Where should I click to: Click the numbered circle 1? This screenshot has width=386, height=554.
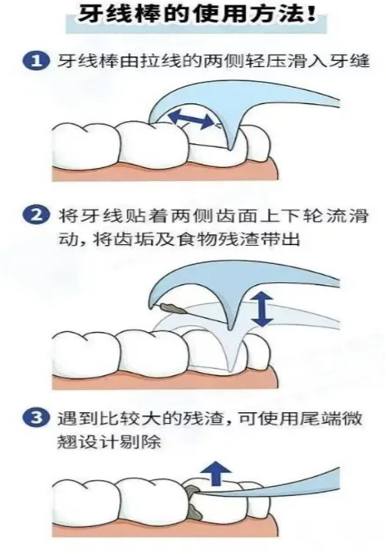coord(36,61)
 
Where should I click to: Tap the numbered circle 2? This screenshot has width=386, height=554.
coord(36,216)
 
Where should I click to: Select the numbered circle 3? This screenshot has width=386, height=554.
coord(36,419)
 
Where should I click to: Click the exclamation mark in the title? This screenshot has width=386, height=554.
coord(311,15)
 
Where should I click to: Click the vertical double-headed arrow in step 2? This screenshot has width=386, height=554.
coord(262,309)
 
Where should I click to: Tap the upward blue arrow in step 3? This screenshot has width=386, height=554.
coord(216,474)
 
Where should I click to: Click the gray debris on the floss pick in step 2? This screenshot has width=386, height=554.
coord(173,308)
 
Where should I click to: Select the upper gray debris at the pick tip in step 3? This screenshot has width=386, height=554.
coord(193,490)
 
